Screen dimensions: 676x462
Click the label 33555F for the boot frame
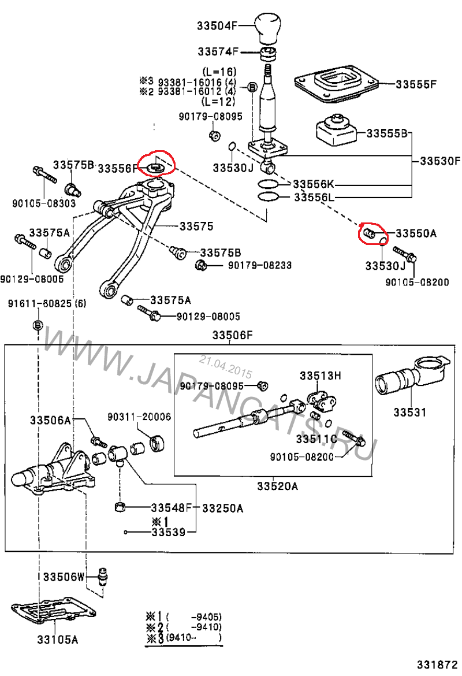(416, 84)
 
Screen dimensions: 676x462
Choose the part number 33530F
(441, 160)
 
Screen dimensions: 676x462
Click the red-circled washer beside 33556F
(155, 168)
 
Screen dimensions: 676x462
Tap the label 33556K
(314, 185)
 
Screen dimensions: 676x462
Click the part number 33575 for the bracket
(196, 225)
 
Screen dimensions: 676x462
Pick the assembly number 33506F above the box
(233, 335)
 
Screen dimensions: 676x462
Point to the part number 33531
(409, 413)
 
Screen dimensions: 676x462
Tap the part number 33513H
(320, 376)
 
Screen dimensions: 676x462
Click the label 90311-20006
(139, 417)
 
